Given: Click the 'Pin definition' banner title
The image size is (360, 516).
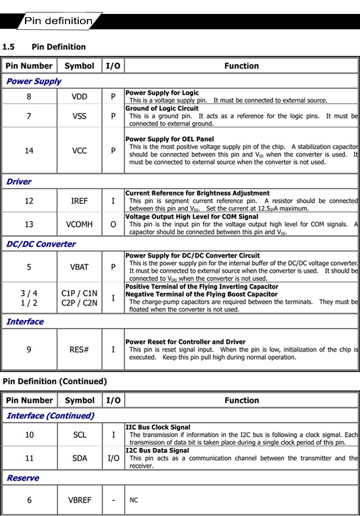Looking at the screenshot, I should pos(58,21).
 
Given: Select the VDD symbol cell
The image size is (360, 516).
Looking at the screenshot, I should pos(79,96).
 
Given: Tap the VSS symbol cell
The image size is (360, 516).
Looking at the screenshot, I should pos(79,116).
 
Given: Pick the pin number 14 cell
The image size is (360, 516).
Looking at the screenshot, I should pos(29,151).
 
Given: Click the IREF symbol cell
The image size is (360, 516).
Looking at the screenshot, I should pos(79,201).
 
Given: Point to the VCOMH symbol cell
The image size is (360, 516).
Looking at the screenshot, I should pos(79,224).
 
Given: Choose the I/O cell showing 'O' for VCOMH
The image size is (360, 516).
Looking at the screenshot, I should pos(113,224).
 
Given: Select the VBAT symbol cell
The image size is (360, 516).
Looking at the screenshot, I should pos(79,267).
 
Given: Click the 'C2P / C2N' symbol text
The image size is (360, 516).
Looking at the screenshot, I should pos(79,303).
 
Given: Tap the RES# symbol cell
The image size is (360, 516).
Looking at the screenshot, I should pos(79,349).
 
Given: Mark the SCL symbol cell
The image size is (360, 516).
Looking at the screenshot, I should pos(79,435).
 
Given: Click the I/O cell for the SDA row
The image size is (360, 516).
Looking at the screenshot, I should pos(113,458).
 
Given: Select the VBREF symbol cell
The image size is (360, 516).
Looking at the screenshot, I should pos(79,500).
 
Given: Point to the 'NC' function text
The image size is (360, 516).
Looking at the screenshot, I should pos(134,500).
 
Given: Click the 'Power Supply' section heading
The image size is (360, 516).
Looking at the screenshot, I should pos(34,81).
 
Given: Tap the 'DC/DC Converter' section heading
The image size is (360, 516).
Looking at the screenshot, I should pos(41,244).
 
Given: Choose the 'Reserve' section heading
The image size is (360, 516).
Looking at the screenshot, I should pos(23,478).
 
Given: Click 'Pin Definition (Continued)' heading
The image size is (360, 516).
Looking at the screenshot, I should pos(55,382).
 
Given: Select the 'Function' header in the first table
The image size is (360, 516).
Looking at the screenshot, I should pos(241,66).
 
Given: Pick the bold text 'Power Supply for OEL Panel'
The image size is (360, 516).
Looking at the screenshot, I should pos(169,139).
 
